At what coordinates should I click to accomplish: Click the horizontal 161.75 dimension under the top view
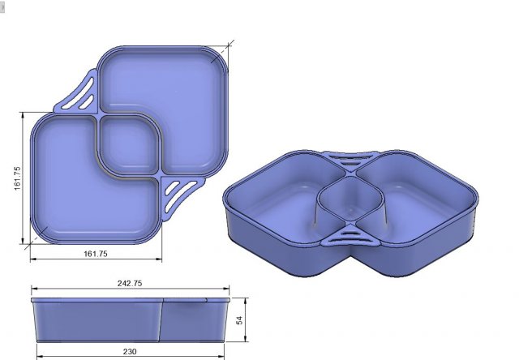(x=96, y=254)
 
